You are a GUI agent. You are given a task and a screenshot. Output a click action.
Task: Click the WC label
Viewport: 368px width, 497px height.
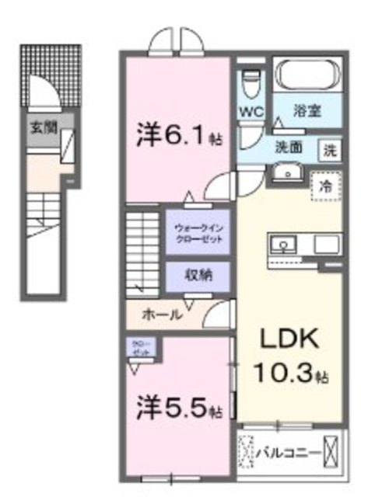click(x=250, y=110)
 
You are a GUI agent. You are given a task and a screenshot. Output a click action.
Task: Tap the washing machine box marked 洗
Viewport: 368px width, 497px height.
click(x=329, y=148)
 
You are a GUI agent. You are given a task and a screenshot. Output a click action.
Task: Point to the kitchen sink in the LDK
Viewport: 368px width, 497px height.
click(x=285, y=243)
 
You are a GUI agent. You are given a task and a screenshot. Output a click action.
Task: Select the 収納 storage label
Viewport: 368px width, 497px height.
click(x=198, y=275)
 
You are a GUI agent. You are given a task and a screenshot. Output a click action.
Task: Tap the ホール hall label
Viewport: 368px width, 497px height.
click(x=163, y=315)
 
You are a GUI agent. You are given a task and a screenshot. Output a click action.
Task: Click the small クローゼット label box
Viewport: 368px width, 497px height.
click(x=141, y=347)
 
